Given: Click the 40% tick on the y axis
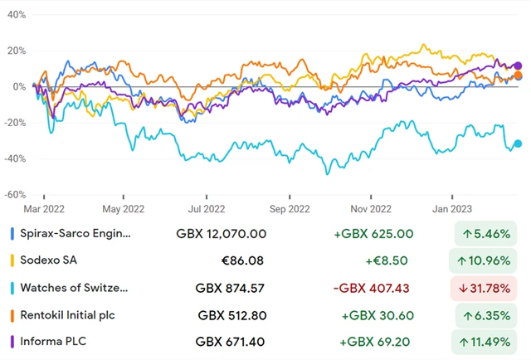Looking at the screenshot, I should point(14,15).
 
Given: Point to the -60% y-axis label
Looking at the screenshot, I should point(14,195).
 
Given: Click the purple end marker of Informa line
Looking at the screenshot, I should point(519,66).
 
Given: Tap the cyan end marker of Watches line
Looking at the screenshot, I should point(519,144).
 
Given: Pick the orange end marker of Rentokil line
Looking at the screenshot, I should point(518,75).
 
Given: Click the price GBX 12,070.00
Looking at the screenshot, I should point(222,235).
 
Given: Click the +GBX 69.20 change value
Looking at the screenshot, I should point(375,341).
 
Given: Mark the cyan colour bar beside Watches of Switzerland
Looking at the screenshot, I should point(11,288).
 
